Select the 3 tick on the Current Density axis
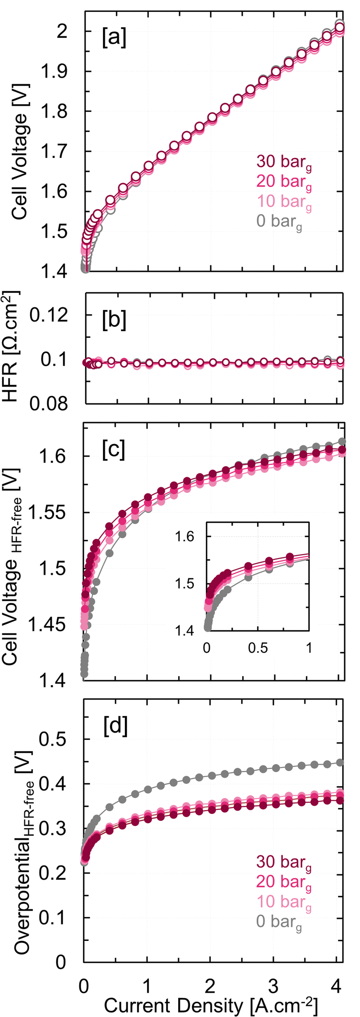(x=273, y=984)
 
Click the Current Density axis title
(x=211, y=1004)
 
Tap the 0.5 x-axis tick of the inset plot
(x=258, y=648)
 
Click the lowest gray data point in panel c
(x=84, y=674)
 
